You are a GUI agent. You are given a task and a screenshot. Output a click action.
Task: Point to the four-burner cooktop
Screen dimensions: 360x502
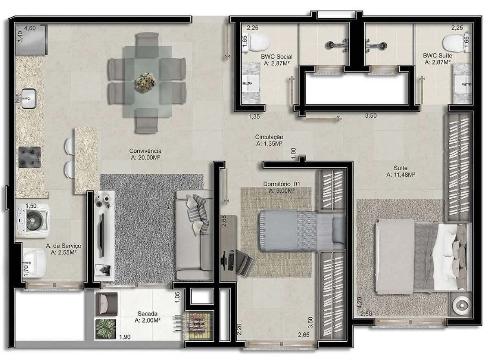point(30,157)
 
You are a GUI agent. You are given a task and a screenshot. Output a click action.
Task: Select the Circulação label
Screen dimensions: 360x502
point(269,137)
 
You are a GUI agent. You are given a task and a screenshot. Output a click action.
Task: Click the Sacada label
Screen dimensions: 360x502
point(148,314)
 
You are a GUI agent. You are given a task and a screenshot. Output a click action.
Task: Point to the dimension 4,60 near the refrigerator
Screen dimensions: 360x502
point(31,28)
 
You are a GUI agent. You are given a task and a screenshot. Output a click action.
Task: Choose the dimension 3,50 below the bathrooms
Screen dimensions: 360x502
point(370,116)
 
